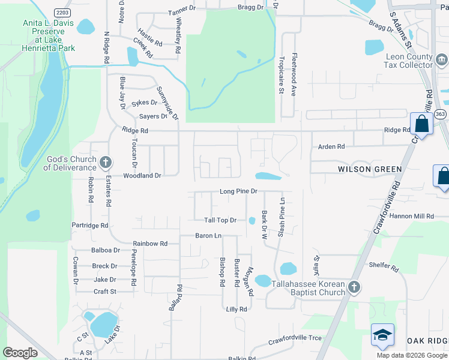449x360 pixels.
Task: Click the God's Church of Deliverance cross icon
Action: click(x=106, y=161)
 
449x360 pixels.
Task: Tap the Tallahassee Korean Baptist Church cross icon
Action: click(x=354, y=287)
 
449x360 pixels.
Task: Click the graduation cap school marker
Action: click(x=382, y=335)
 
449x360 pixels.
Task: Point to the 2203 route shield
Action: click(x=62, y=13)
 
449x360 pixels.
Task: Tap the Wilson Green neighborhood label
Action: click(x=370, y=169)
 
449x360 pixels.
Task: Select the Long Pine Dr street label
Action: click(x=238, y=191)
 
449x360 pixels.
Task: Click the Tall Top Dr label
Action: click(x=220, y=221)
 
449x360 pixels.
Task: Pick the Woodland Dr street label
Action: click(x=142, y=176)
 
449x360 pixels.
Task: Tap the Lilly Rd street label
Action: click(x=237, y=309)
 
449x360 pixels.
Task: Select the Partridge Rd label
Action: click(x=89, y=226)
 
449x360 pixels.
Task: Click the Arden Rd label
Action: click(x=331, y=146)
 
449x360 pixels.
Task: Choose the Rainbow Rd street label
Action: click(x=150, y=244)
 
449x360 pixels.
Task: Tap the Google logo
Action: click(x=20, y=352)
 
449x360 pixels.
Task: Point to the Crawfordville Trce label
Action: click(x=295, y=338)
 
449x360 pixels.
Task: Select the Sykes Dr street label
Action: click(x=144, y=103)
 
